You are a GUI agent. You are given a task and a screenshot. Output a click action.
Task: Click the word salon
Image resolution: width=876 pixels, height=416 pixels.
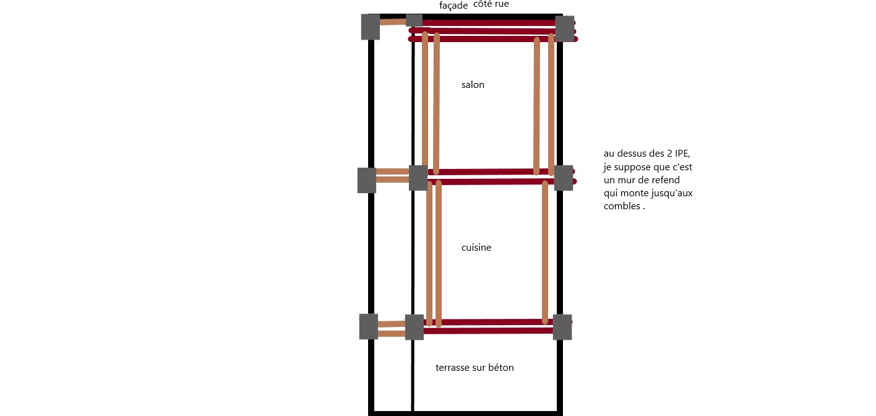(473, 85)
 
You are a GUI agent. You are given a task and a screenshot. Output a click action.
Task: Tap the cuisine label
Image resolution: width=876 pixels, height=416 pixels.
(476, 248)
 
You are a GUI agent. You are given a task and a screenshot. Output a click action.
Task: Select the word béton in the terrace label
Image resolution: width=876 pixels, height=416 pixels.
(501, 368)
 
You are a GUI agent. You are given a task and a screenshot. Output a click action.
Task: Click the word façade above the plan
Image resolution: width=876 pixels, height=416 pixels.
(453, 6)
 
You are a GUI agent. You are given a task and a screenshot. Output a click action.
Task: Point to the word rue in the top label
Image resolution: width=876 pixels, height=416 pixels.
(502, 4)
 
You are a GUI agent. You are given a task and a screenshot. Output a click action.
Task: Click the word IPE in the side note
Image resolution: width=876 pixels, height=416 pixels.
(682, 154)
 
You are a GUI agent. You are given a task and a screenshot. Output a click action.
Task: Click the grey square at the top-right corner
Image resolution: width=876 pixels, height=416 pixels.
(565, 28)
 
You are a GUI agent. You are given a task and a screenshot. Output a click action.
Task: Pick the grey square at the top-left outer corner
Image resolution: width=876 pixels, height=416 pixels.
(371, 27)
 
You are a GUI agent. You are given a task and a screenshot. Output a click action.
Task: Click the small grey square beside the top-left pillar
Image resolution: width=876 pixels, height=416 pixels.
(414, 20)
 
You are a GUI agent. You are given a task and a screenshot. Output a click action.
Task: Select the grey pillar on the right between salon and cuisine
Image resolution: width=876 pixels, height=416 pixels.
(564, 178)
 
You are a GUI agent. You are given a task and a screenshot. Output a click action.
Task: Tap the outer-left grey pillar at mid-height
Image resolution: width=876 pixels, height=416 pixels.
(367, 180)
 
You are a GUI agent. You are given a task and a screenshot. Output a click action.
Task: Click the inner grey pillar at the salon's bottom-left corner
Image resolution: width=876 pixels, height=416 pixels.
(418, 178)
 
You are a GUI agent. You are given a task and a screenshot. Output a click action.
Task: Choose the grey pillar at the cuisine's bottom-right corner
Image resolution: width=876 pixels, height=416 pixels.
(562, 327)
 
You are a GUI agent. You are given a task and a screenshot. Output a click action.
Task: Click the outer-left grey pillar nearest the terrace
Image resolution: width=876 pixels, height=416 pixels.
(369, 326)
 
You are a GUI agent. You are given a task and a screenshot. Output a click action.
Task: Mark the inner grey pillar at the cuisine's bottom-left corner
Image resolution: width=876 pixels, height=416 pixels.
(414, 327)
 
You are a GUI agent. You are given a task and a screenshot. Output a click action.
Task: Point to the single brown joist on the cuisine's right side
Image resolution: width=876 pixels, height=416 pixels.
(545, 253)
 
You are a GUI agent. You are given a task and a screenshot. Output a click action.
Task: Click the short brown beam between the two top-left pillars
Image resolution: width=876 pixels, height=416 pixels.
(393, 22)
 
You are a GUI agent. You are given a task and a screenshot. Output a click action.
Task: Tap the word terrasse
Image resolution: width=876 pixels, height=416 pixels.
(449, 368)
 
